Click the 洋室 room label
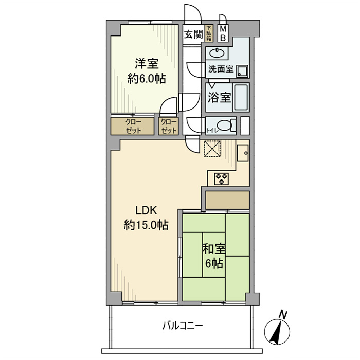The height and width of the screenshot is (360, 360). pos(147,64)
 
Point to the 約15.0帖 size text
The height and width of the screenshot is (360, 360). pos(146,225)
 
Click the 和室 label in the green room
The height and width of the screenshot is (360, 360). pos(213,249)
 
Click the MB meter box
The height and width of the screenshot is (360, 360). pos(223,34)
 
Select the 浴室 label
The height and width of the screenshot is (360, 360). pos(219,97)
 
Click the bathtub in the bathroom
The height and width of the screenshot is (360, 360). pos(241,97)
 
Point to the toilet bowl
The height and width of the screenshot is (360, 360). pos(226,125)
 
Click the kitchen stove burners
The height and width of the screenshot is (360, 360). pos(222,178)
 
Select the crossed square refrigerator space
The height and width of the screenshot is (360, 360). pos(211,149)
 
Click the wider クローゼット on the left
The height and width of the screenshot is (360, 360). pos(132,127)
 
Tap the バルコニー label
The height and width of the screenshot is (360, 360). pos(183,325)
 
